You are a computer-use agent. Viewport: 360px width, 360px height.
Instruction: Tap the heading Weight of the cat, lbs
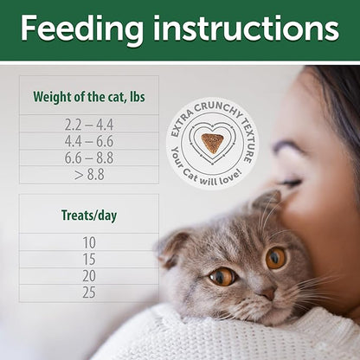[x=88, y=96]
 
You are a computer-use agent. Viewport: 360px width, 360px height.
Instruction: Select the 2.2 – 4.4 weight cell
[x=88, y=124]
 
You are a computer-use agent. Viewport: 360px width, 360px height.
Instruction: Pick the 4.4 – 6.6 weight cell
[x=88, y=140]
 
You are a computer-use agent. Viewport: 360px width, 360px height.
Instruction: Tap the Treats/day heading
[x=88, y=214]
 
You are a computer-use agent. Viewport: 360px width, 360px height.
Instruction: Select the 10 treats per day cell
[x=88, y=242]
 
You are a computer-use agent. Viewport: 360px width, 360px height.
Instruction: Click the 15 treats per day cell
[x=88, y=260]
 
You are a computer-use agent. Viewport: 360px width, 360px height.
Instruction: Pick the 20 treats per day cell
[x=88, y=276]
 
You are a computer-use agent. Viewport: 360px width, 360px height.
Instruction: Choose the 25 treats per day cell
[x=88, y=292]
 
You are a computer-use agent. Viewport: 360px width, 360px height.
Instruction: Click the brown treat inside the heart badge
[x=212, y=141]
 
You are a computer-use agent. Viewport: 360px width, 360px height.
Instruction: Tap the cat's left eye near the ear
[x=222, y=276]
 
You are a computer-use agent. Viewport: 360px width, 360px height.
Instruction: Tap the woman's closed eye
[x=292, y=183]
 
